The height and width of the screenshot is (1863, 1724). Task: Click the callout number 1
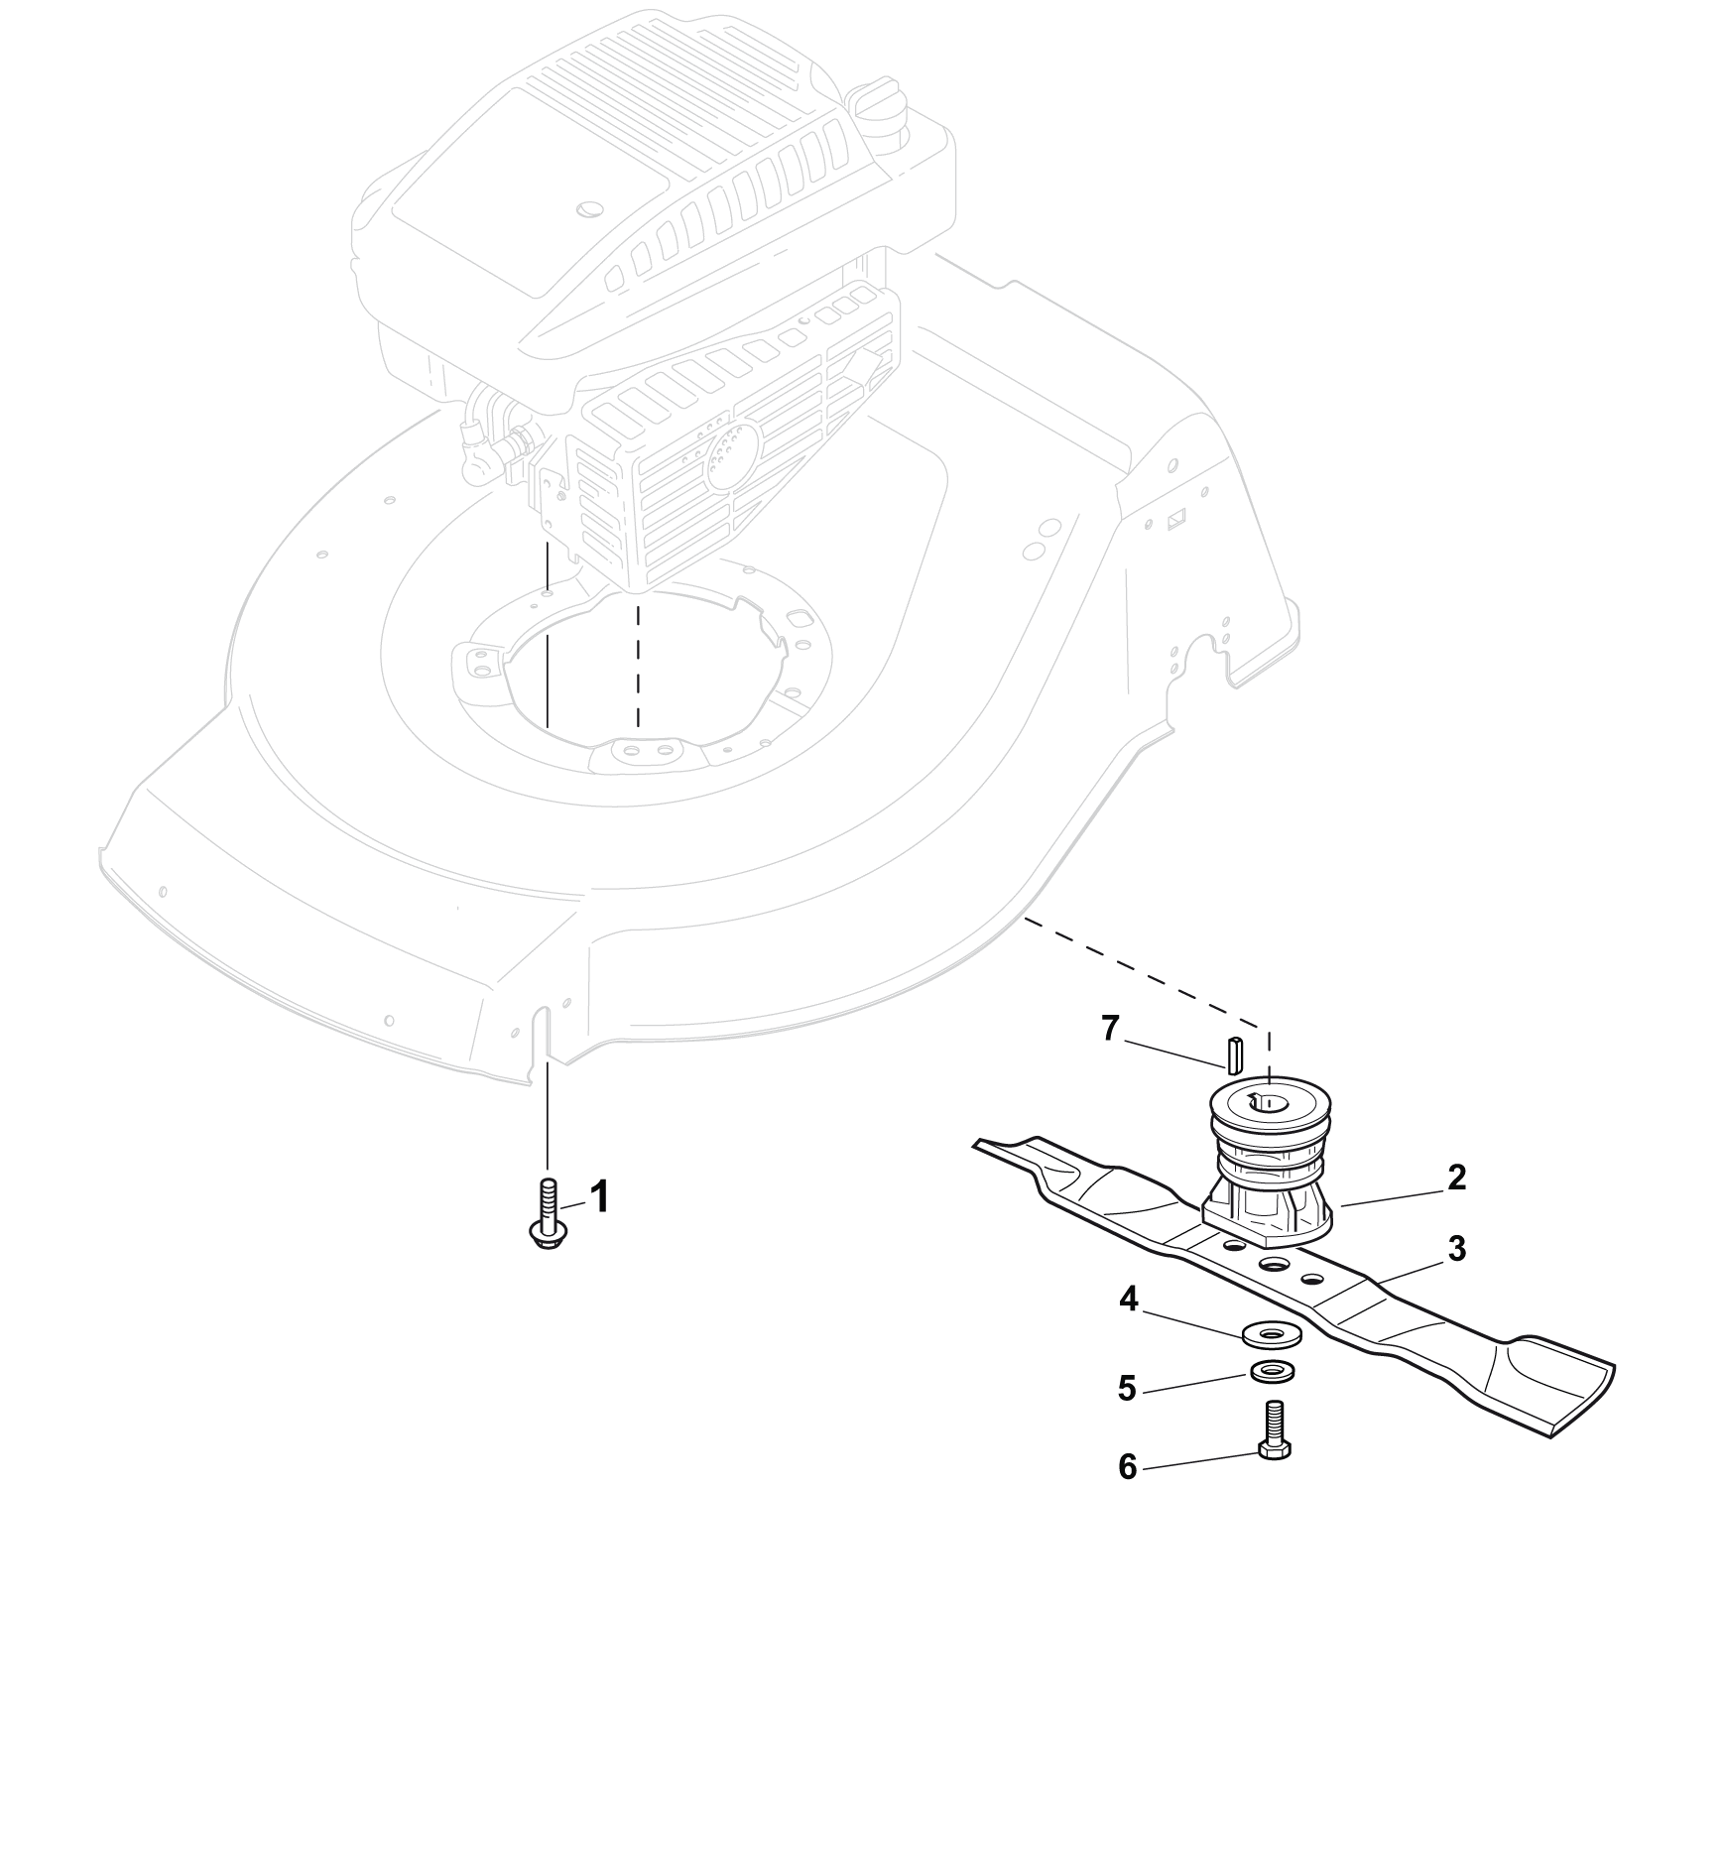[598, 1197]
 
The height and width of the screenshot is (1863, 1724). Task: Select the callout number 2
[1456, 1178]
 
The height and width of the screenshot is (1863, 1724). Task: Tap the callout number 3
[1456, 1248]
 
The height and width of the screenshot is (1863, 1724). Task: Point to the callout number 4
[1129, 1300]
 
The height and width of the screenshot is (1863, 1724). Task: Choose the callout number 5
[1127, 1388]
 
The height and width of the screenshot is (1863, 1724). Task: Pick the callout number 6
[1127, 1466]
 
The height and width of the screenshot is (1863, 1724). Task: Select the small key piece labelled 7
[1232, 1056]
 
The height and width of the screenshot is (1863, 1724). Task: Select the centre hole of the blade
[1273, 1265]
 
